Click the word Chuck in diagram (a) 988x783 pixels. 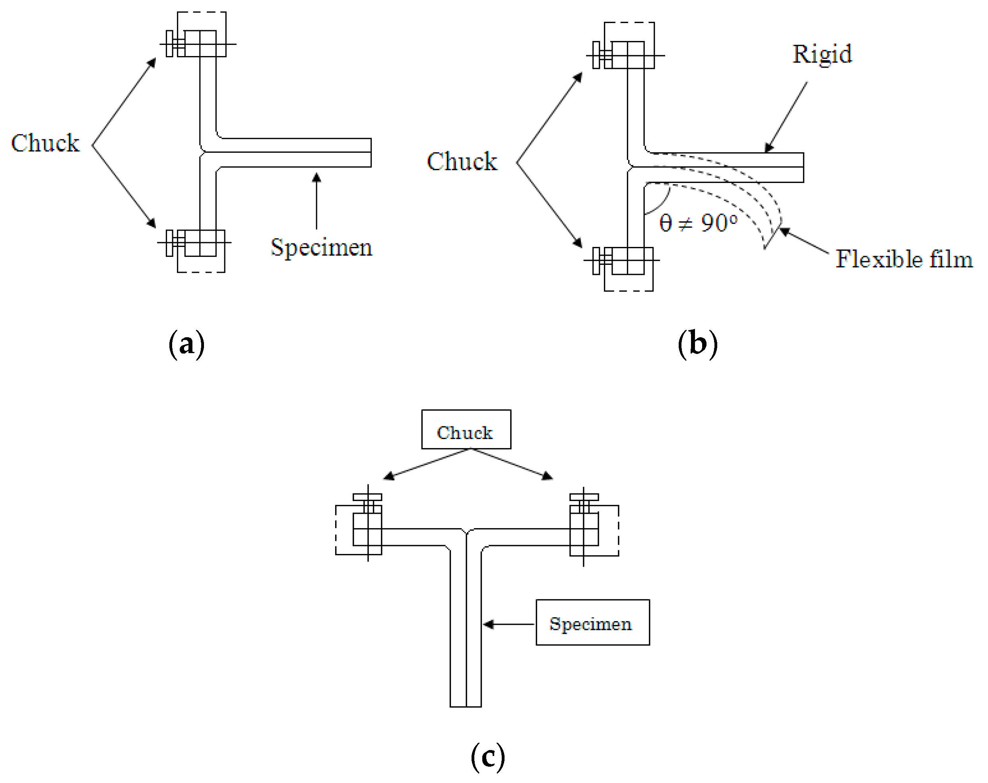pyautogui.click(x=45, y=143)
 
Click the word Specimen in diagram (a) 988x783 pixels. pyautogui.click(x=321, y=248)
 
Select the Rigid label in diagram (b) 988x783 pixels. pyautogui.click(x=822, y=54)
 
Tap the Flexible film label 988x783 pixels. pyautogui.click(x=904, y=259)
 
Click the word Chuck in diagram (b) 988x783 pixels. pyautogui.click(x=462, y=161)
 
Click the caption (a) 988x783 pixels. pyautogui.click(x=186, y=344)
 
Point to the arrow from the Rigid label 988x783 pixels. pyautogui.click(x=786, y=117)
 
